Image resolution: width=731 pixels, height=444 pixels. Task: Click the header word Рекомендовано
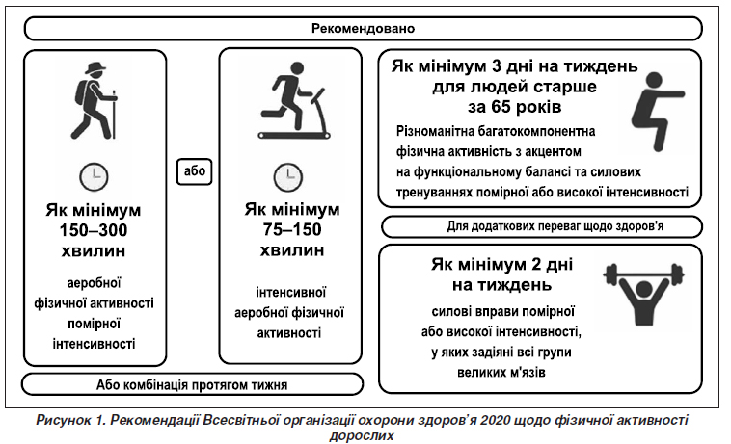[363, 28]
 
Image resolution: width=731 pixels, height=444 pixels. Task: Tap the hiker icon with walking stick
[95, 101]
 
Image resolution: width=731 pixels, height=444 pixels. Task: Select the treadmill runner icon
[294, 101]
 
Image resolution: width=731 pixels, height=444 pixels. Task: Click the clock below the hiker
[94, 177]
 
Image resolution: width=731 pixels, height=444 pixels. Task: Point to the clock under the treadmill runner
[288, 177]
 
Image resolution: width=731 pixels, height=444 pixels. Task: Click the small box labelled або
[195, 171]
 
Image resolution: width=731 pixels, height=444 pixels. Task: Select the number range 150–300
[94, 230]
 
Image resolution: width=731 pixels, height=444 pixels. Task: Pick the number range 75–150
[292, 229]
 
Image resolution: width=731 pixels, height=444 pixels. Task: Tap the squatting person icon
[655, 112]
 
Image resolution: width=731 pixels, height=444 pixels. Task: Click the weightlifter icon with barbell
[644, 293]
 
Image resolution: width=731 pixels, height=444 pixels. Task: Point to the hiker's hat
[96, 68]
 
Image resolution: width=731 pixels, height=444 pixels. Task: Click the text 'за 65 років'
[514, 107]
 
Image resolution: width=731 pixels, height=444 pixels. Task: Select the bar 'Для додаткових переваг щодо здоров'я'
[542, 227]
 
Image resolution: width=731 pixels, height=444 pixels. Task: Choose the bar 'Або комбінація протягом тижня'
[192, 385]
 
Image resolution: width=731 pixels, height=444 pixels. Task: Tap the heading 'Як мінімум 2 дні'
[501, 264]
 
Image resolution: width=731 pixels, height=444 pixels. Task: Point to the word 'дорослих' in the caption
[362, 436]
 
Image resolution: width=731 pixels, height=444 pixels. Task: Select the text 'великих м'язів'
[501, 373]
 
